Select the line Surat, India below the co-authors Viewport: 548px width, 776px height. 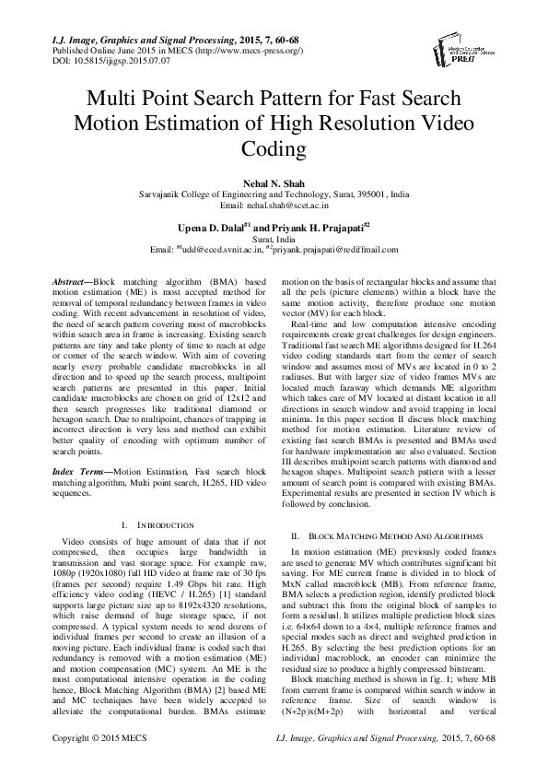pyautogui.click(x=274, y=239)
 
